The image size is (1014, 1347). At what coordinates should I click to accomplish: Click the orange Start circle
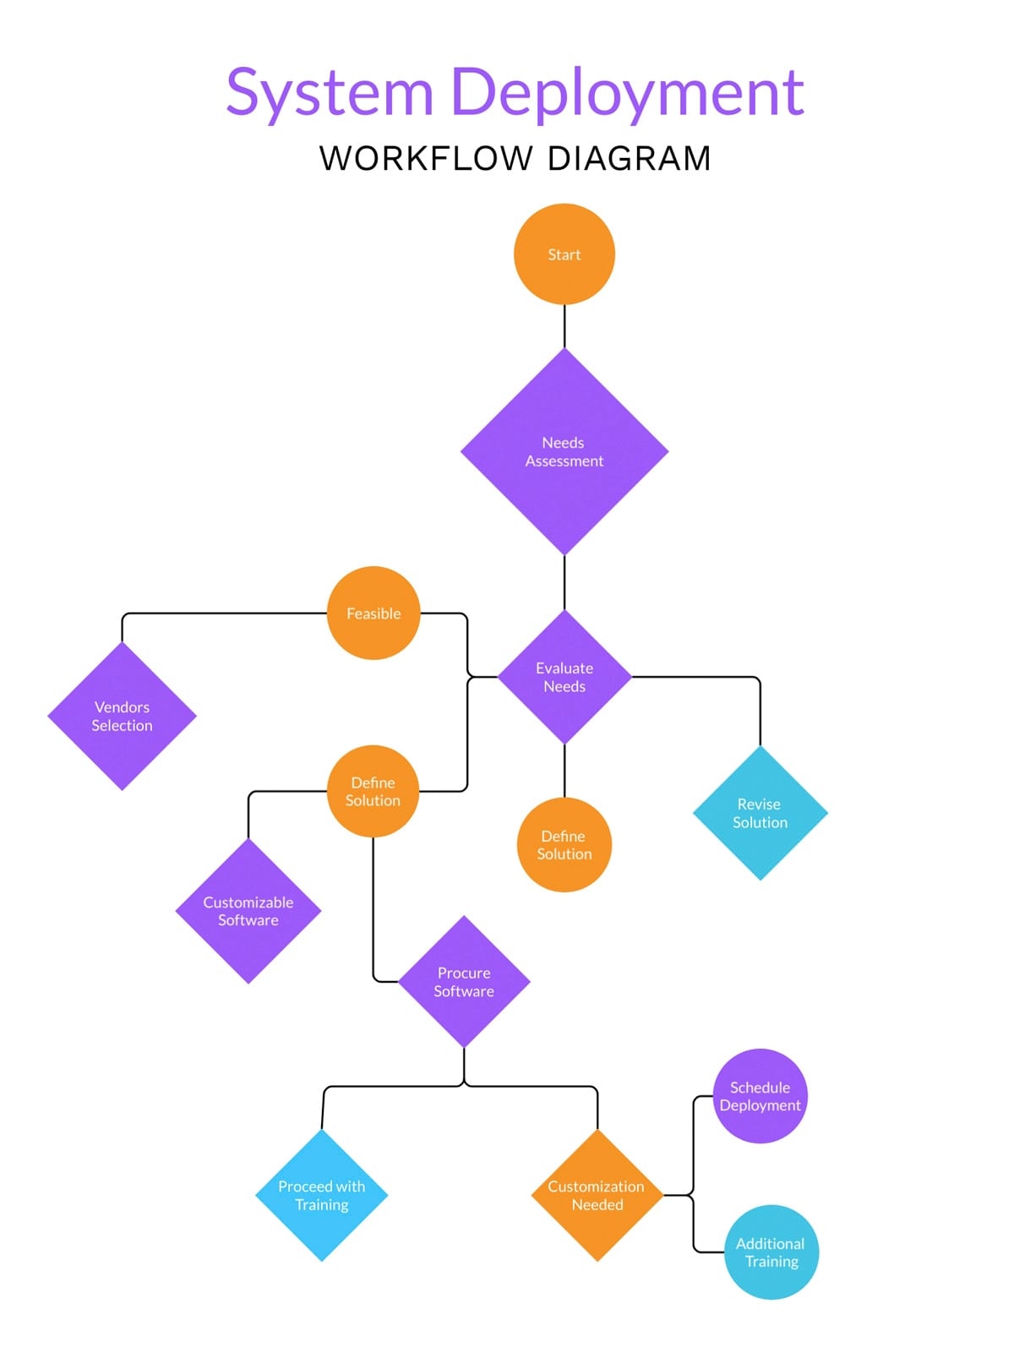(564, 254)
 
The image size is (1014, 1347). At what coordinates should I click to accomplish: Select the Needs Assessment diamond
(564, 452)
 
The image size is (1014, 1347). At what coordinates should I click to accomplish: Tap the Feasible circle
(373, 614)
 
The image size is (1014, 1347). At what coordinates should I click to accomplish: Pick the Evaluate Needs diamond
(564, 677)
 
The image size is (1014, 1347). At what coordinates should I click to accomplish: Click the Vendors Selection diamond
(123, 716)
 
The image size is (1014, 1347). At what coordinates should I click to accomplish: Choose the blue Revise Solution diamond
(760, 813)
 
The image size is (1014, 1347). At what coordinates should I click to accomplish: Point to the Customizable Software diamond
(248, 911)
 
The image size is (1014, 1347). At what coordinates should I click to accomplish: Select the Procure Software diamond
(464, 982)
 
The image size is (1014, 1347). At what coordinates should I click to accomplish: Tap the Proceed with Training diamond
(322, 1195)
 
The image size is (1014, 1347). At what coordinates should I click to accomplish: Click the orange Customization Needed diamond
(597, 1195)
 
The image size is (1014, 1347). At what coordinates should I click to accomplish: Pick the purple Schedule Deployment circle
(760, 1096)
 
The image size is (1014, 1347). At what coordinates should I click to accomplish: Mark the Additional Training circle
(771, 1252)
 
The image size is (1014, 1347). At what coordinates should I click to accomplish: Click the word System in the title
(330, 93)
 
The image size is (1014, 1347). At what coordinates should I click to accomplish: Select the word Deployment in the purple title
(626, 93)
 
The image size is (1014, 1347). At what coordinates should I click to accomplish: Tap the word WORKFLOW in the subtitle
(426, 159)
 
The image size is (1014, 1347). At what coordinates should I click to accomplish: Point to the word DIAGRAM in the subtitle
(629, 159)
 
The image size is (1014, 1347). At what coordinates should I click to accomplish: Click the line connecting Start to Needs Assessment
(564, 326)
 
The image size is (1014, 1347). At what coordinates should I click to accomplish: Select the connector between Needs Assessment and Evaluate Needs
(564, 583)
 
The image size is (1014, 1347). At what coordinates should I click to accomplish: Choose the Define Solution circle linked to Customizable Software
(373, 791)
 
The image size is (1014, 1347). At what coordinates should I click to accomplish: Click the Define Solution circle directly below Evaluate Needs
(564, 845)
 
